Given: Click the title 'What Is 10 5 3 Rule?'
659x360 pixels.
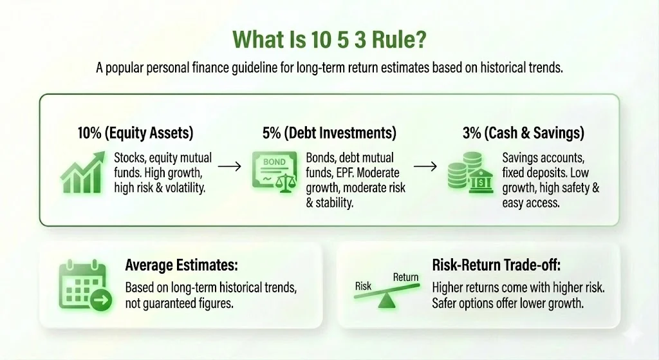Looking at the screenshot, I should (329, 39).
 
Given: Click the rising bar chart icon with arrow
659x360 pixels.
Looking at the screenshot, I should (83, 171).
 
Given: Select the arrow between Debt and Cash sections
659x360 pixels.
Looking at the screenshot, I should (426, 166).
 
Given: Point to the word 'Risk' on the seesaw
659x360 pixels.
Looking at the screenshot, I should (364, 285).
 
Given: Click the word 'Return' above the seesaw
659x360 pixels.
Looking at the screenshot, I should (405, 278).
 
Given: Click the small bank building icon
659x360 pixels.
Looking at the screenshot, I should (477, 181).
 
